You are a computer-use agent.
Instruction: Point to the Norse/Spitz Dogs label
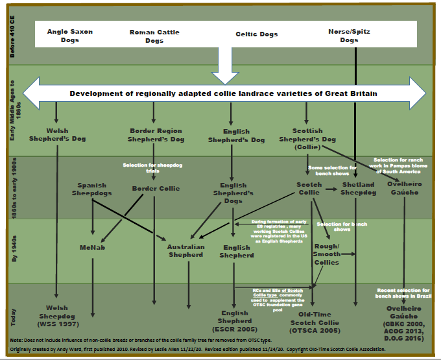click(x=349, y=36)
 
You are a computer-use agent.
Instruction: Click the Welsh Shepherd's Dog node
click(x=58, y=135)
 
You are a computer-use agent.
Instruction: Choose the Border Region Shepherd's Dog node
click(x=156, y=135)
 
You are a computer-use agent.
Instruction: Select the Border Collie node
click(x=155, y=189)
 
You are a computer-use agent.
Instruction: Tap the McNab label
click(x=92, y=247)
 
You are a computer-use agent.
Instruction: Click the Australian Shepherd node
click(x=185, y=251)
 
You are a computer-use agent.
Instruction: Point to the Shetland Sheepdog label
click(x=358, y=188)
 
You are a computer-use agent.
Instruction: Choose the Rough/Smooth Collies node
click(x=326, y=254)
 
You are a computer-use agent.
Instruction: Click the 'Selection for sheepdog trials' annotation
click(x=154, y=168)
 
